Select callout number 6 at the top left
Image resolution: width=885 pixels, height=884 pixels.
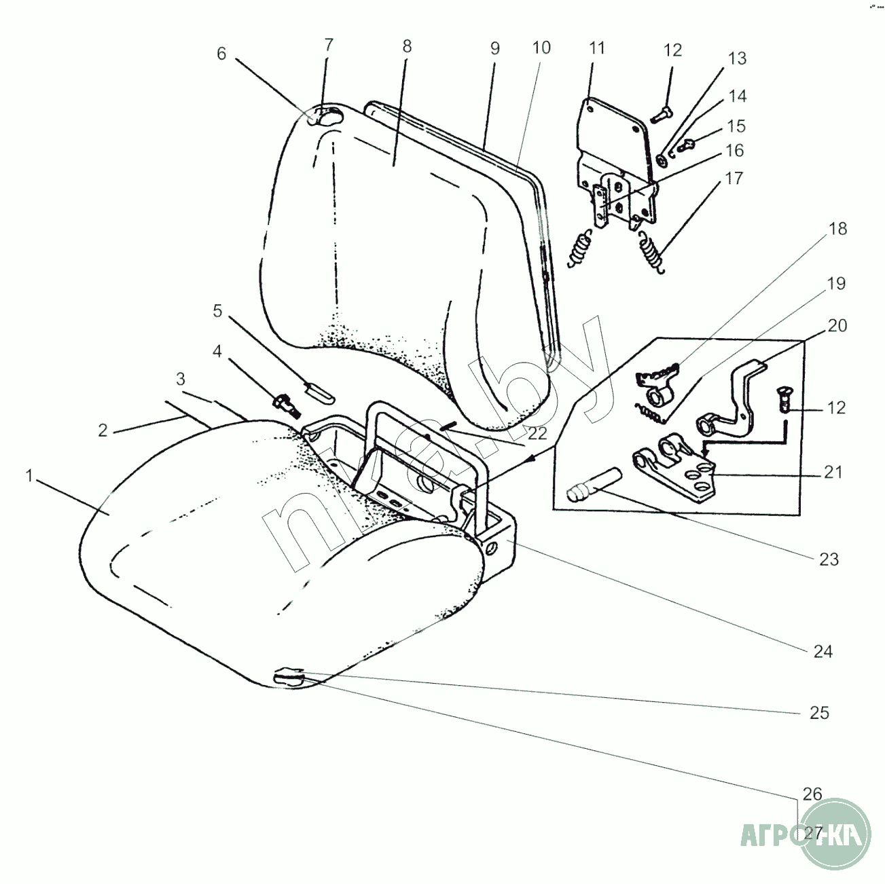click(x=221, y=54)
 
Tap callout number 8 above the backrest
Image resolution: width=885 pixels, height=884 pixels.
click(x=406, y=46)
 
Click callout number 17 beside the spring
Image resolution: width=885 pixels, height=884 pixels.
click(x=734, y=179)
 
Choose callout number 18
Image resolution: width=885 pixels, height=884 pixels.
click(x=838, y=228)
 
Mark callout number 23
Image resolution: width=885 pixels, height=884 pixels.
click(x=829, y=559)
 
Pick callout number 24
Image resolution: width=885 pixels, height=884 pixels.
click(x=823, y=652)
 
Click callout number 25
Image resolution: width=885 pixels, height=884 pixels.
click(x=820, y=712)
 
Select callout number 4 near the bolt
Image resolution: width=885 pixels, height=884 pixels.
click(x=217, y=352)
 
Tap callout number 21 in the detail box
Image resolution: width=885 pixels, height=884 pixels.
click(x=833, y=472)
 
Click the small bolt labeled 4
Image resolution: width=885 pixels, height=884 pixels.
click(x=285, y=404)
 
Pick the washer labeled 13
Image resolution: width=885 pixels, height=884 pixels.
click(x=661, y=160)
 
